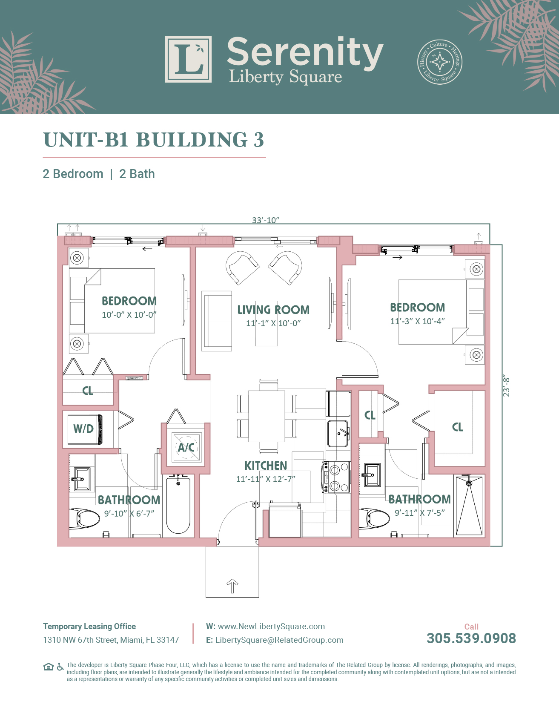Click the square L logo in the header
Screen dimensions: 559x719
188,59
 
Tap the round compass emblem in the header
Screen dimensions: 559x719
439,62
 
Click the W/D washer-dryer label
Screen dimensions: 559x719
83,429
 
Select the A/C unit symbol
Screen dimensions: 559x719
186,447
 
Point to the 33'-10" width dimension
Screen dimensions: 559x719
266,220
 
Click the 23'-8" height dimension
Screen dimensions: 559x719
506,386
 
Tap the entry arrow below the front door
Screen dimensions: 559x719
232,586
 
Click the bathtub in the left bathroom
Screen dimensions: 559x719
178,505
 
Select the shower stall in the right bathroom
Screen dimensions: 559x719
469,506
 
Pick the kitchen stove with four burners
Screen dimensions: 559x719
336,477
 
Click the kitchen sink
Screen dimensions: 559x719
338,433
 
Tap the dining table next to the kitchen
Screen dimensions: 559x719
267,416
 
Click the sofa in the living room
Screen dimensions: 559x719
217,321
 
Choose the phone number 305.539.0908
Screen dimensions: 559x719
471,638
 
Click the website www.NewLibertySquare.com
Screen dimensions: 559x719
271,626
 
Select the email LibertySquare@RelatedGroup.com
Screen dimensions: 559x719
279,640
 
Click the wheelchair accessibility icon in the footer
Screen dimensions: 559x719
60,667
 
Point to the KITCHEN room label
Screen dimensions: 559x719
266,466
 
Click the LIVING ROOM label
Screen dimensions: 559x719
273,310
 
